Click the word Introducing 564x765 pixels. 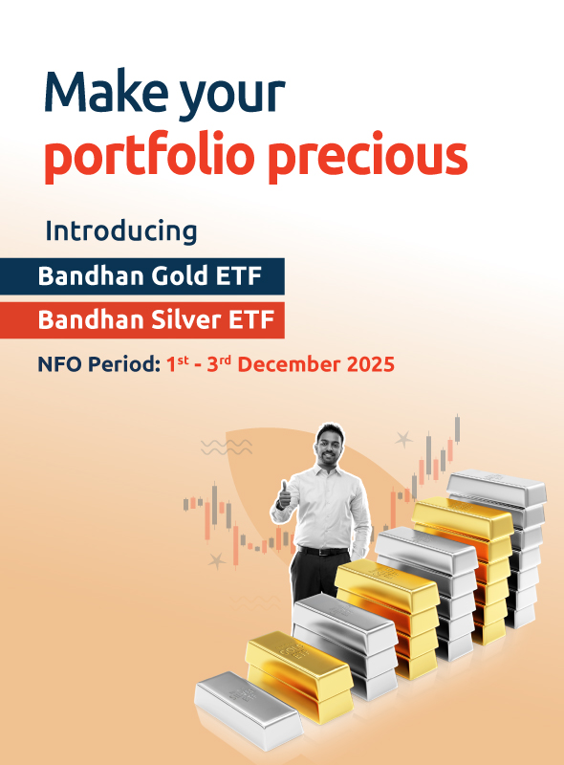tap(121, 231)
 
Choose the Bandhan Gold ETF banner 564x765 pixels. tap(142, 276)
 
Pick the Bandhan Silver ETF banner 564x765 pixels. tap(142, 319)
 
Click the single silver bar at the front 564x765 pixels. tap(248, 708)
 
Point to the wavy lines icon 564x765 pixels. tap(227, 446)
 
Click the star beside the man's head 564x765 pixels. tap(404, 441)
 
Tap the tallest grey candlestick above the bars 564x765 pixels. tap(458, 428)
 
